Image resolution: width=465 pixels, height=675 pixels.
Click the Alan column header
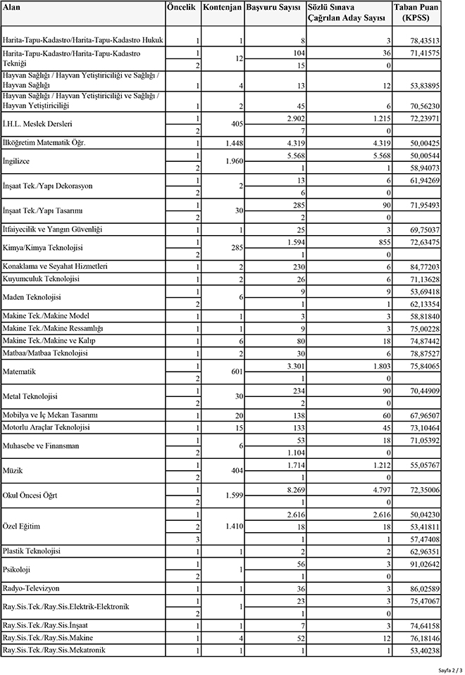(x=11, y=6)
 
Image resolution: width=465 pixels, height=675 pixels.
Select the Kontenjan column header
(x=222, y=7)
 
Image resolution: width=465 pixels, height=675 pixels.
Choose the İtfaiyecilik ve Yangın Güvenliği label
(x=53, y=229)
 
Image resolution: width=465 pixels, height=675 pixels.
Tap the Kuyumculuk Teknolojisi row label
(x=42, y=279)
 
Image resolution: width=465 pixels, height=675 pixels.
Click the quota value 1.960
(x=231, y=161)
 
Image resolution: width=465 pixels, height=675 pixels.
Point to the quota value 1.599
(x=231, y=496)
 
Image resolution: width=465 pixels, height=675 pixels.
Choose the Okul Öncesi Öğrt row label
(x=31, y=496)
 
